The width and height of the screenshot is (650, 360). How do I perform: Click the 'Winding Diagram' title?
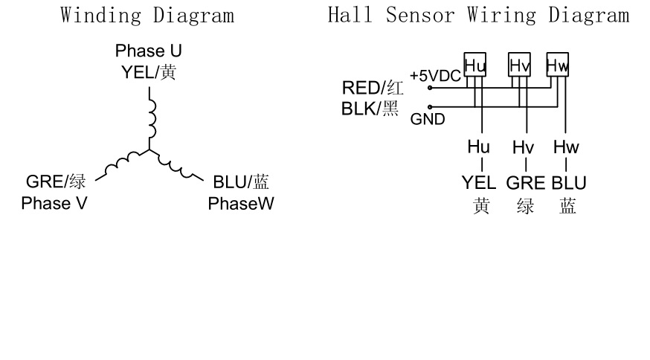(148, 15)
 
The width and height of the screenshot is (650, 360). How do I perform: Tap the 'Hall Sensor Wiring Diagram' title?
(478, 15)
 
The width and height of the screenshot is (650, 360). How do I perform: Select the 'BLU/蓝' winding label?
(241, 181)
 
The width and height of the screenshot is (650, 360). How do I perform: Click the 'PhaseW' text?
(241, 202)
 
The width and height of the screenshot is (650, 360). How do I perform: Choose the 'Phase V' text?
(54, 202)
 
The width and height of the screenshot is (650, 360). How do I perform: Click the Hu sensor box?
(474, 65)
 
